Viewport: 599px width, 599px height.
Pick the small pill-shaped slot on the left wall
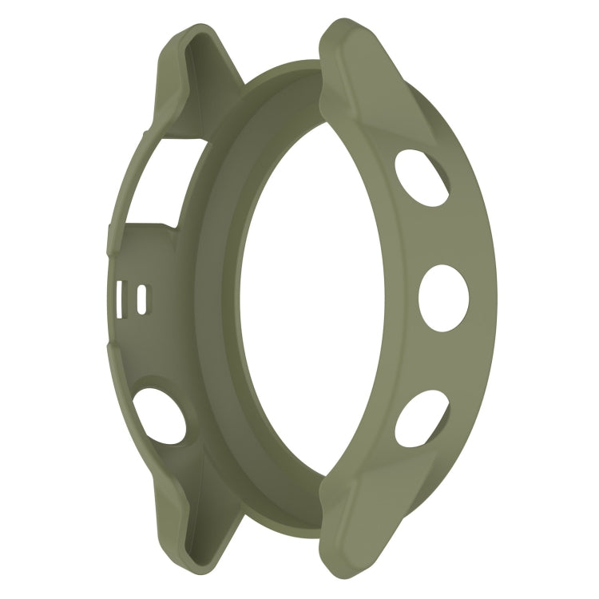coord(142,299)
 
